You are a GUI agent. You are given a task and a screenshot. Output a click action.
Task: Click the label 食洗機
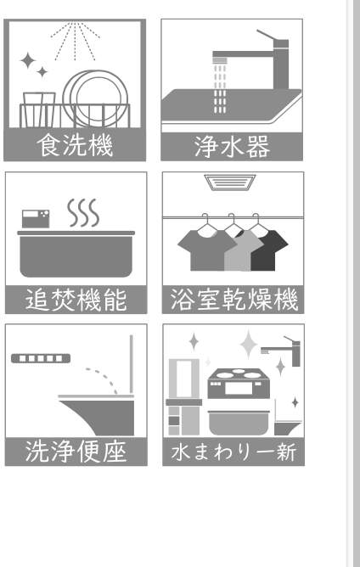[x=75, y=145]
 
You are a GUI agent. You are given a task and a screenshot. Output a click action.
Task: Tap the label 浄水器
[x=232, y=147]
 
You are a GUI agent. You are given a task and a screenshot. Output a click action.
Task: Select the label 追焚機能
[x=76, y=300]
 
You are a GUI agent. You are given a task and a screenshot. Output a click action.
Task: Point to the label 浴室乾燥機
[x=233, y=300]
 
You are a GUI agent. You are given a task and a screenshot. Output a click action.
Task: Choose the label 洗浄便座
[x=76, y=452]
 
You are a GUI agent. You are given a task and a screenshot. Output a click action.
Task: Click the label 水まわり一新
[x=233, y=452]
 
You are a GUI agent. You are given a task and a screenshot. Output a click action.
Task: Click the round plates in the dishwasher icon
[x=95, y=98]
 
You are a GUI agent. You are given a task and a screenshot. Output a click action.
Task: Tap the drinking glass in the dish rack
[x=39, y=109]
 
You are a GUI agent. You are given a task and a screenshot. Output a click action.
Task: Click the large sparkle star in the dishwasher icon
[x=27, y=60]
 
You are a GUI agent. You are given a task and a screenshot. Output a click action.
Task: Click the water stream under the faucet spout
[x=220, y=89]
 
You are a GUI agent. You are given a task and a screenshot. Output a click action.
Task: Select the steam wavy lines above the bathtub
[x=83, y=212]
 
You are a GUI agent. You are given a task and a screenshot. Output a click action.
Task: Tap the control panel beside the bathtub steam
[x=36, y=219]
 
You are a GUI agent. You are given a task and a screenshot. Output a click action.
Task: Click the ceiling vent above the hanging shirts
[x=230, y=182]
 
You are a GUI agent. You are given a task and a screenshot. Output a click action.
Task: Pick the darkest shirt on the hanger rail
[x=268, y=250]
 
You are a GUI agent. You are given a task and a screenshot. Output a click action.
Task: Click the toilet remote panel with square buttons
[x=41, y=358]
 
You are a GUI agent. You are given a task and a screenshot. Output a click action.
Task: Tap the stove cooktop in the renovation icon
[x=239, y=384]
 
